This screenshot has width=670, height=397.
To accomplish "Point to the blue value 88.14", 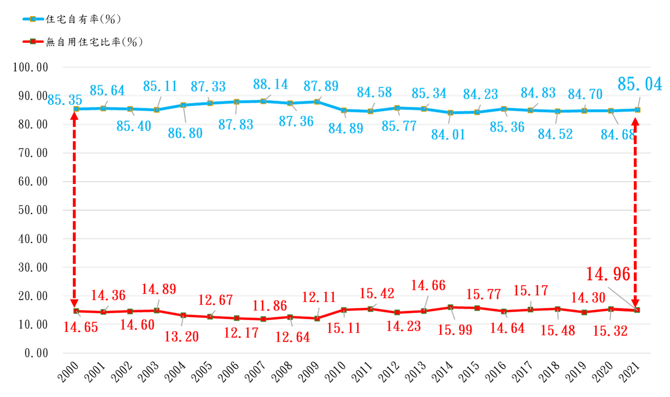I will [x=270, y=84].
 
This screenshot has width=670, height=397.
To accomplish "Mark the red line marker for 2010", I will [x=344, y=310].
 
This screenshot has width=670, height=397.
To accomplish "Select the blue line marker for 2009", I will [x=317, y=102].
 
